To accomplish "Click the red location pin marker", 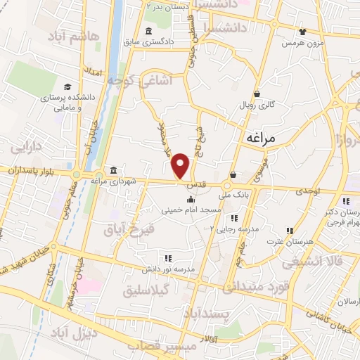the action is click(181, 165).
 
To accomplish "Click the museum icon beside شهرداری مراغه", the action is click(114, 170).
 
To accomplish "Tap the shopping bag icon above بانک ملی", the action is click(233, 175).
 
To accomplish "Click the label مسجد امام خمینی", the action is click(191, 210).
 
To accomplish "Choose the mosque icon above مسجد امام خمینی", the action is click(190, 199).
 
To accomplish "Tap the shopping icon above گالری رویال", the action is click(257, 94).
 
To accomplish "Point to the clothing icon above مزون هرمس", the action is click(303, 32).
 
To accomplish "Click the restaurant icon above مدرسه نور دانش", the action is click(167, 258).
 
